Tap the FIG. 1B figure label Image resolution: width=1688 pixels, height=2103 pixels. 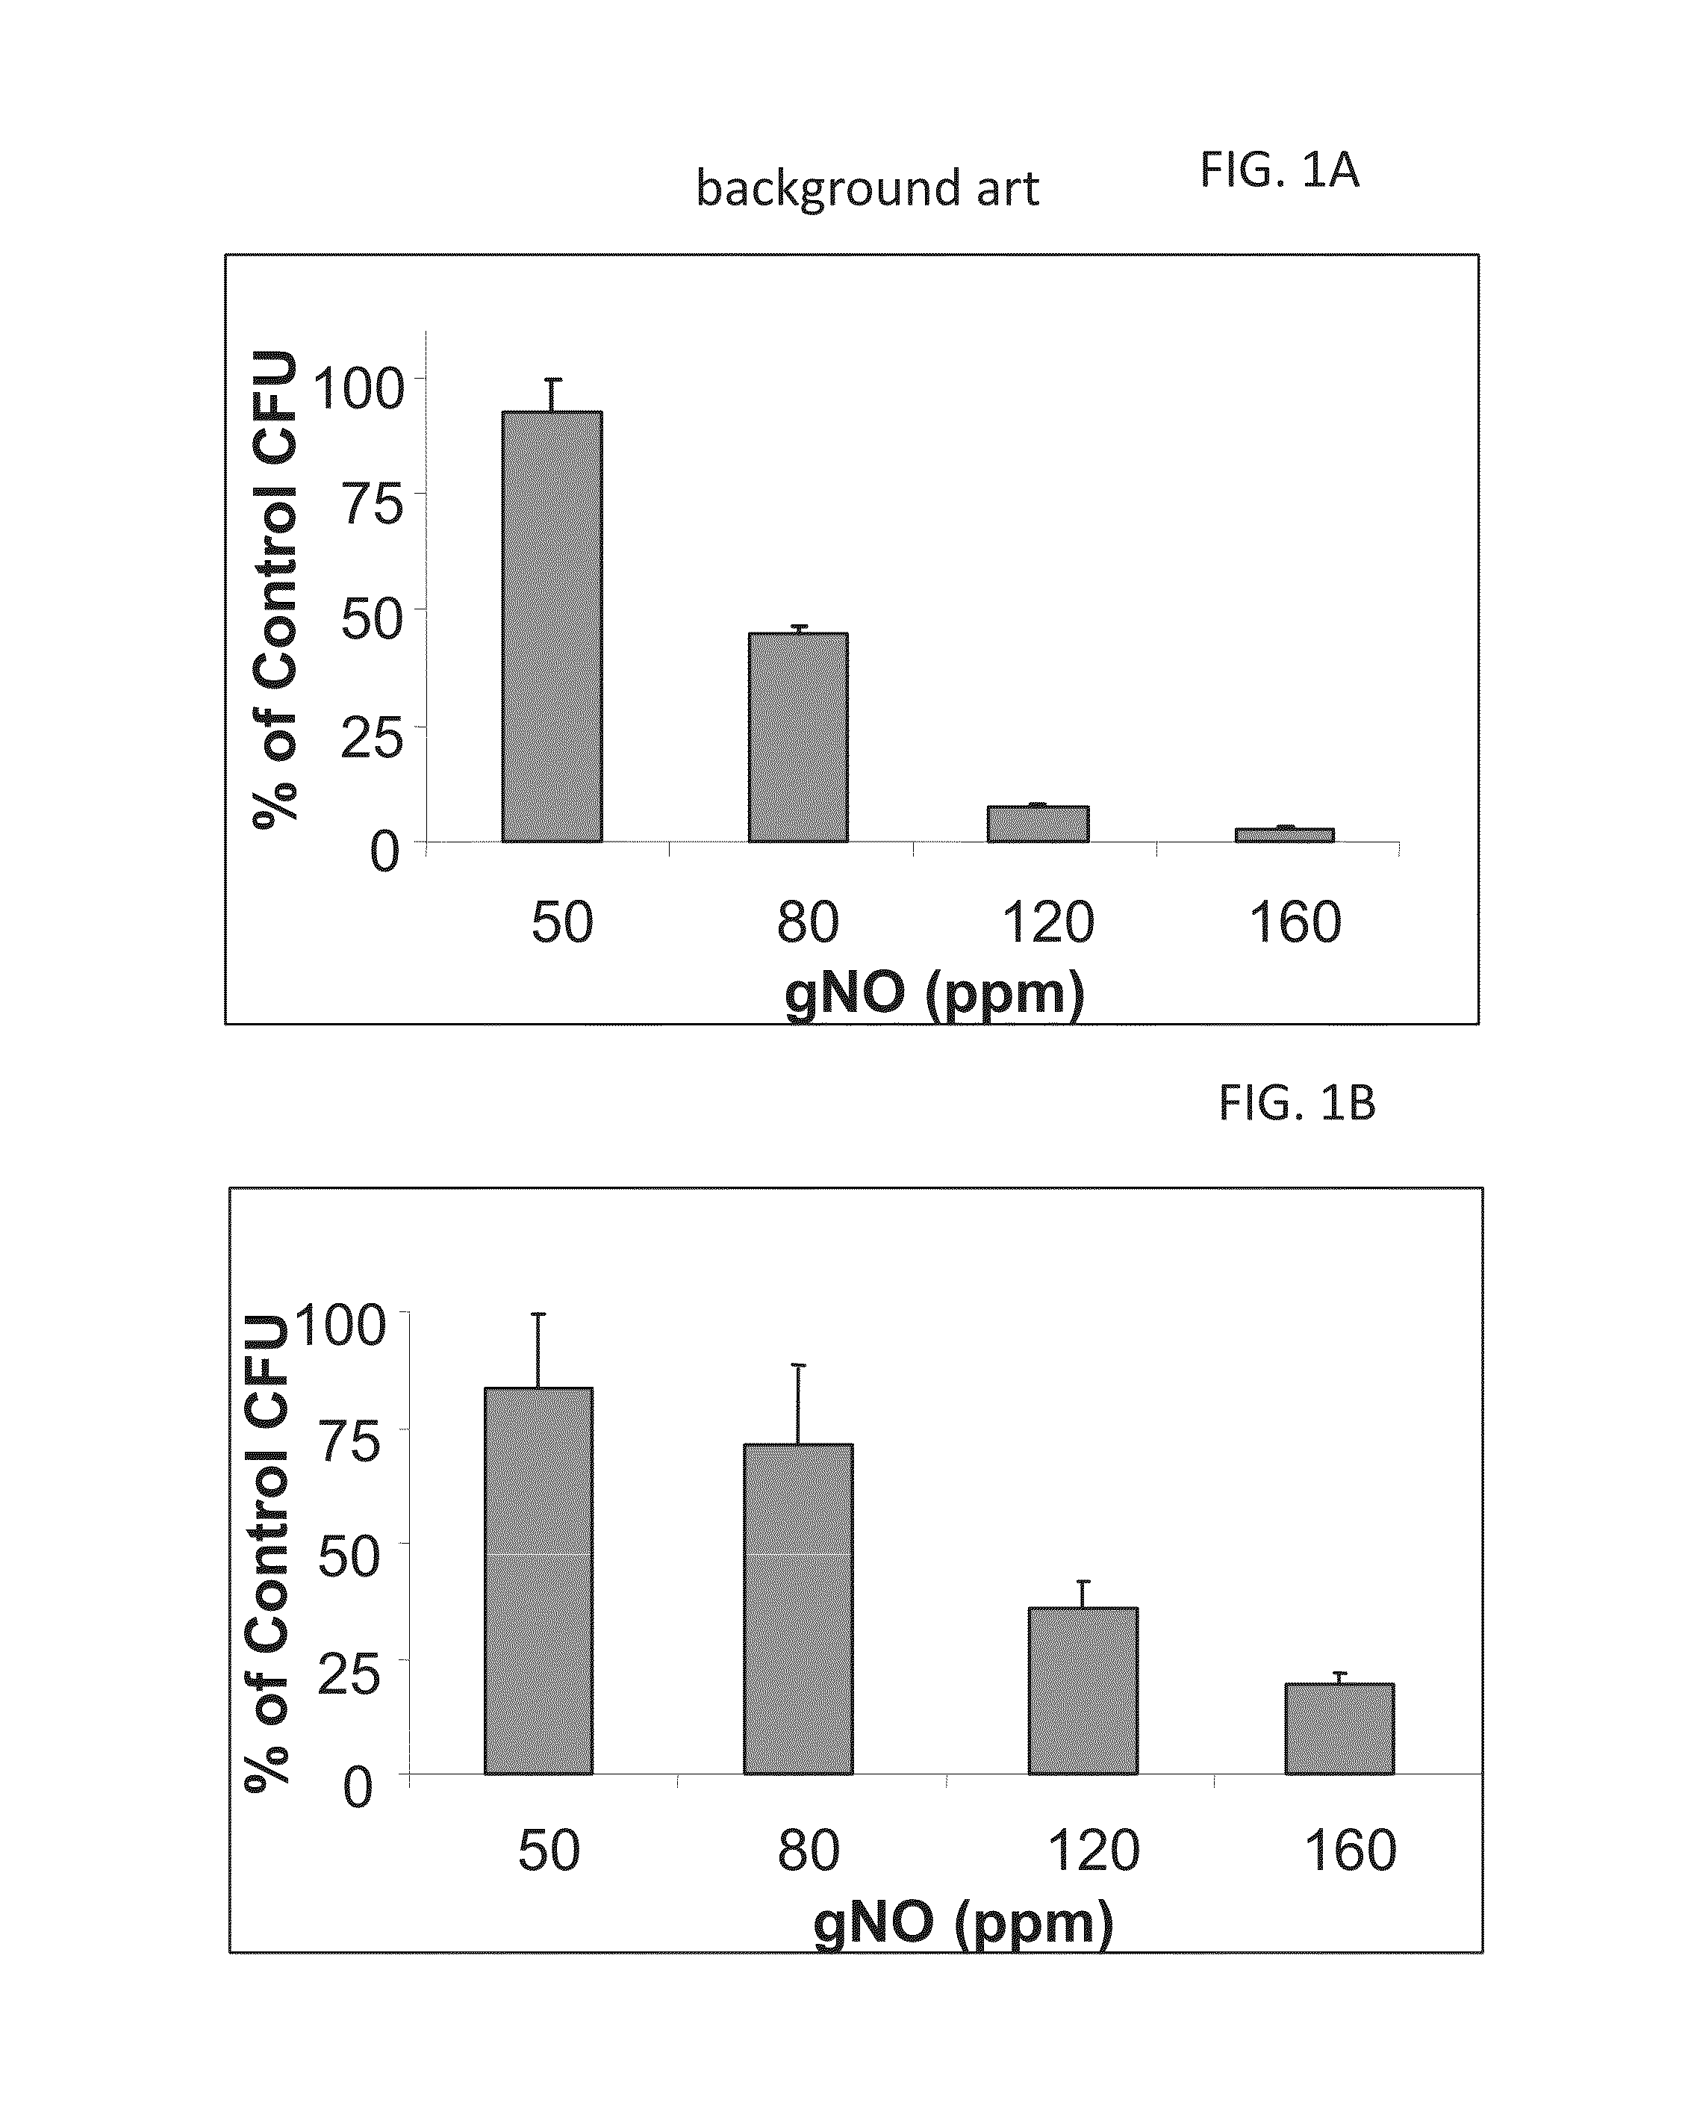(x=1297, y=1103)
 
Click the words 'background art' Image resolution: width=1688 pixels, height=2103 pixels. (x=867, y=187)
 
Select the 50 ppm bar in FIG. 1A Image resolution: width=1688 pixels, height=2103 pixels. (x=552, y=627)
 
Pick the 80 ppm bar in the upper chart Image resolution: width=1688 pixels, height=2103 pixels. (x=797, y=737)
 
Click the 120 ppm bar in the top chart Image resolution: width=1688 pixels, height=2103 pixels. (x=1038, y=824)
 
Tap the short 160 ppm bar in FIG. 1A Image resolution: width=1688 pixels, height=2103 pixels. (x=1284, y=835)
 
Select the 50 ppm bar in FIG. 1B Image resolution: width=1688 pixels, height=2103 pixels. (x=538, y=1581)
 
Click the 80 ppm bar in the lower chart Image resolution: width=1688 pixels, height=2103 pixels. (x=797, y=1609)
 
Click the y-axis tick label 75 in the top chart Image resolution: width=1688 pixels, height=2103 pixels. (x=372, y=504)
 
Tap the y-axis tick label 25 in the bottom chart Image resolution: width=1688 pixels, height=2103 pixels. (x=348, y=1674)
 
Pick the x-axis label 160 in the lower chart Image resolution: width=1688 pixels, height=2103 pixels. (x=1351, y=1851)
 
